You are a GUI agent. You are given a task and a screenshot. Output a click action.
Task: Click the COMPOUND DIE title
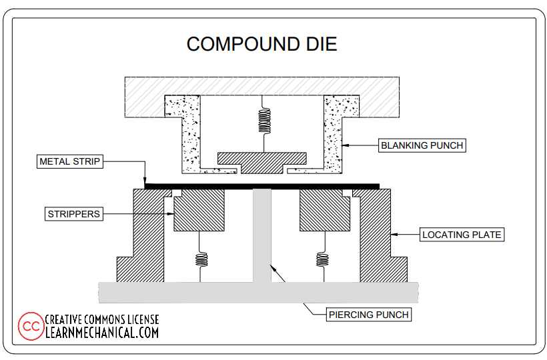click(x=261, y=44)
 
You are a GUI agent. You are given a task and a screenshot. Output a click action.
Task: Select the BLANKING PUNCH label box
click(x=422, y=145)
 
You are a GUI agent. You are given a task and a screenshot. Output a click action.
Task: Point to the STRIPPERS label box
click(x=74, y=214)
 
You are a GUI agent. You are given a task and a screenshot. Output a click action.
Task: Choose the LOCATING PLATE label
click(x=462, y=235)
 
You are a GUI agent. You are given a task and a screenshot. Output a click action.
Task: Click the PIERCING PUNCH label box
click(x=369, y=314)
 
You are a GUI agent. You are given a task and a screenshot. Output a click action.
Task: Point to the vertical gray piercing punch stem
click(x=261, y=233)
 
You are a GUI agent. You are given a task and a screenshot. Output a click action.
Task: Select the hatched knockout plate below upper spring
click(x=261, y=160)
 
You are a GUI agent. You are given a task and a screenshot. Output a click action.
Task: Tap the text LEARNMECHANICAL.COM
click(x=102, y=332)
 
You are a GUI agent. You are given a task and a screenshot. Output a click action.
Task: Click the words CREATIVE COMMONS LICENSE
click(x=102, y=319)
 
